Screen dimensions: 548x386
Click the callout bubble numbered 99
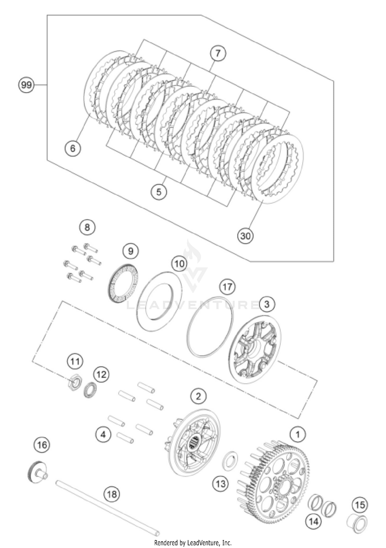point(26,85)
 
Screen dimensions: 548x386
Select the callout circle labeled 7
point(218,53)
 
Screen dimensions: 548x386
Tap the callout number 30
point(245,236)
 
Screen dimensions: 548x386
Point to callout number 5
point(159,192)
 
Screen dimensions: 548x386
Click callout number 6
point(73,148)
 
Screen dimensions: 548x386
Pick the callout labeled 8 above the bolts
point(87,227)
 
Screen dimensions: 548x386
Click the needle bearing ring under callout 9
point(122,283)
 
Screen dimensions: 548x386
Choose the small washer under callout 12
point(90,390)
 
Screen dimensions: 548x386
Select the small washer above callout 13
point(230,462)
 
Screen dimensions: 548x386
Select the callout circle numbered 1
point(298,434)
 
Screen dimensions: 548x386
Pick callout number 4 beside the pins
point(103,435)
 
